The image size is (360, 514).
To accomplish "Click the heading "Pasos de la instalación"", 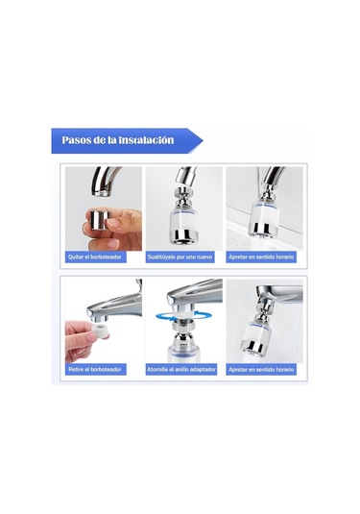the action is pyautogui.click(x=118, y=140).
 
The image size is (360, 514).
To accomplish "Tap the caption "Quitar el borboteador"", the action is pyautogui.click(x=95, y=257).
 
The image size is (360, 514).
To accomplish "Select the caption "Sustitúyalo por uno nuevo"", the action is pyautogui.click(x=180, y=257).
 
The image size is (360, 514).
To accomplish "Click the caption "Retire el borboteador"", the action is pyautogui.click(x=95, y=370).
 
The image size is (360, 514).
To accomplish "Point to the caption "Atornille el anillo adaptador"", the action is pyautogui.click(x=181, y=370).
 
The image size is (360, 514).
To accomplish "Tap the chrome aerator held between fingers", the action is pyautogui.click(x=100, y=221).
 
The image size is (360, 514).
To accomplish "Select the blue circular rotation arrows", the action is pyautogui.click(x=183, y=316).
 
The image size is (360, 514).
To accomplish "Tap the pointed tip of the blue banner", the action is pyautogui.click(x=203, y=141).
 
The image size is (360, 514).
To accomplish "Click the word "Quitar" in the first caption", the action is pyautogui.click(x=76, y=257).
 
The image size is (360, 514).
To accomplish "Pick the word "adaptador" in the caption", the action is pyautogui.click(x=204, y=370).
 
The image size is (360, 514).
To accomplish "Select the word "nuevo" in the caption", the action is pyautogui.click(x=204, y=257).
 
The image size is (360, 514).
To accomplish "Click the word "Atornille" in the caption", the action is pyautogui.click(x=158, y=370).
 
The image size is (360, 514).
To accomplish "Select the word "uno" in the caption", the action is pyautogui.click(x=190, y=257).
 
